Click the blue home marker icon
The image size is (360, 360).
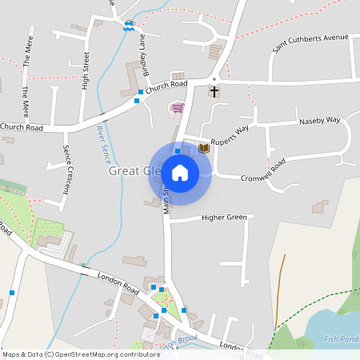(x=180, y=172)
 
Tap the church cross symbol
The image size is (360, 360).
(x=214, y=91)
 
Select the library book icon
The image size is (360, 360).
(x=203, y=148)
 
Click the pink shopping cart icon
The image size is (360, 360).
(x=177, y=108)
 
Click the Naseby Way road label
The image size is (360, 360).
(x=319, y=121)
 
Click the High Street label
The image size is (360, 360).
(x=84, y=69)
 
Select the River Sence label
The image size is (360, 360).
(x=102, y=140)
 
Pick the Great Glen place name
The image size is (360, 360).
(x=133, y=171)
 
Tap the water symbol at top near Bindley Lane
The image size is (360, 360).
(x=128, y=25)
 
